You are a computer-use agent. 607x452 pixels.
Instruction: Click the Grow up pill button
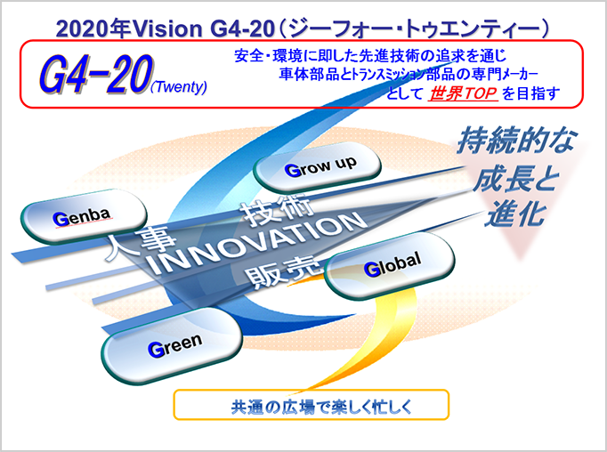click(x=317, y=168)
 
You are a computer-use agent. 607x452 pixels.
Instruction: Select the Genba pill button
click(x=84, y=217)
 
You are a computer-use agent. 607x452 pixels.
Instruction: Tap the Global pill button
click(x=389, y=266)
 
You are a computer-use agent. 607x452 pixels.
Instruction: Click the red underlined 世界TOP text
click(x=463, y=93)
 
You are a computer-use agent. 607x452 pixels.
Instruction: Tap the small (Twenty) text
click(x=179, y=86)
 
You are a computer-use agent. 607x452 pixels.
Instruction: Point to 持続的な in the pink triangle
click(x=516, y=141)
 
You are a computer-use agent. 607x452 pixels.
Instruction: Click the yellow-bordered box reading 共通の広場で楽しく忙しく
click(x=312, y=405)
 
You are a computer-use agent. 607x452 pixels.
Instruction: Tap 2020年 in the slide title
click(x=92, y=29)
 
